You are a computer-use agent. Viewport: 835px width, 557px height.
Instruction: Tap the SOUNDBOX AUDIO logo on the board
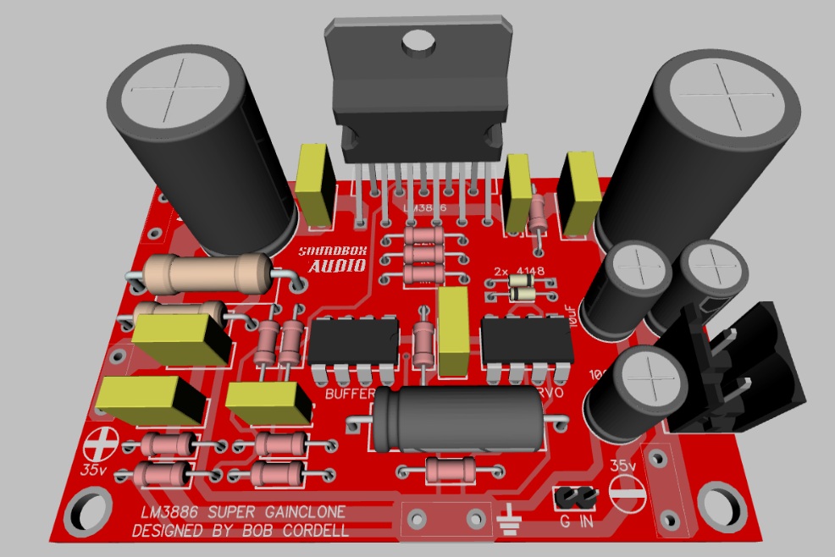[x=332, y=259]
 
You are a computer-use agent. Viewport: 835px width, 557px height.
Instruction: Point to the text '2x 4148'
[x=518, y=273]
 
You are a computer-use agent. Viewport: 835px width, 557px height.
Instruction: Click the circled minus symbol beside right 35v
[x=628, y=494]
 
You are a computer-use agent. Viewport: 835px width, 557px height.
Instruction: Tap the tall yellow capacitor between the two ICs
[x=453, y=330]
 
